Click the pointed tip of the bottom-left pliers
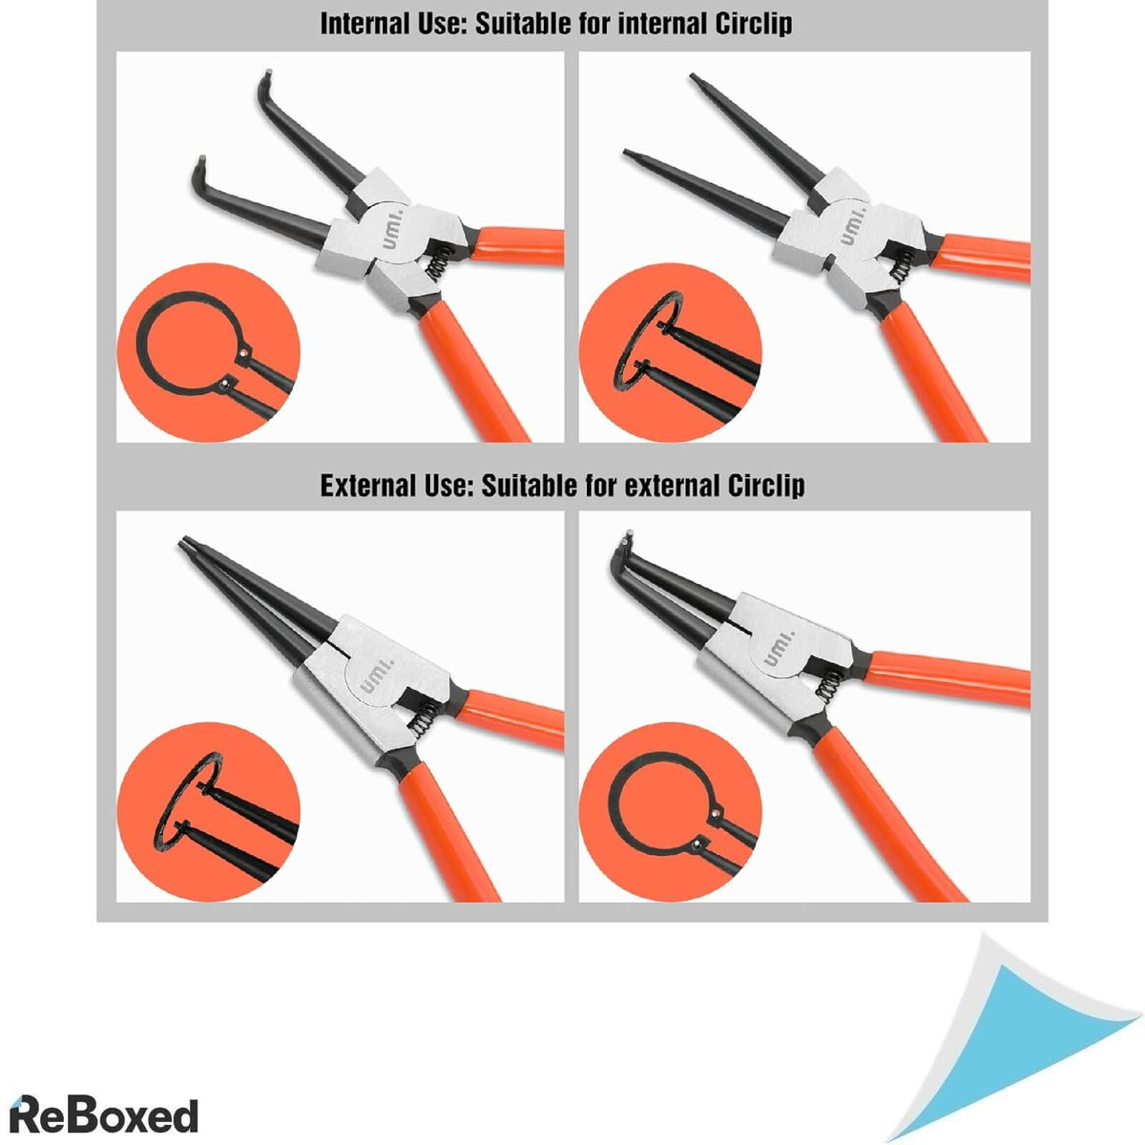coord(184,544)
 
